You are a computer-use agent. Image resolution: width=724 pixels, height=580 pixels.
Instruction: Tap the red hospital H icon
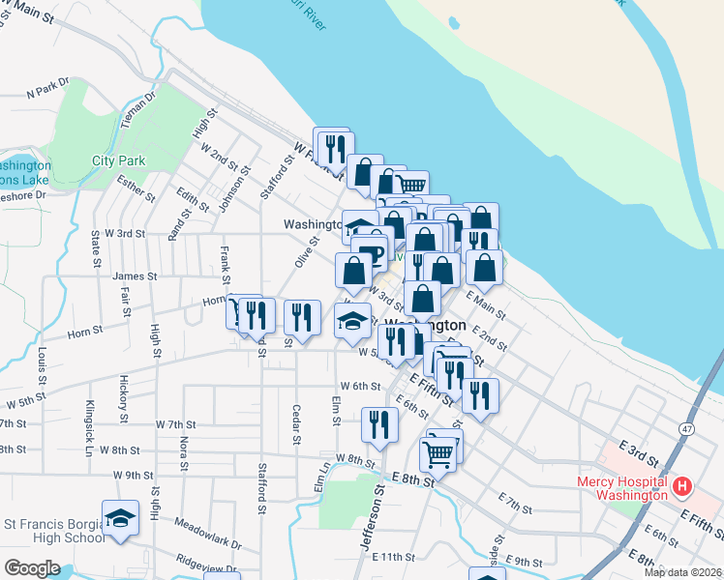[682, 485]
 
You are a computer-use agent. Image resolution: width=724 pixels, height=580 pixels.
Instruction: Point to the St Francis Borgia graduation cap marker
[120, 520]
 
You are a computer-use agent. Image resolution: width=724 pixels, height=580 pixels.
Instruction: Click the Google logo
[32, 568]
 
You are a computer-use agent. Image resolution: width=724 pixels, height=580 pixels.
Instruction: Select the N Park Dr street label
[49, 90]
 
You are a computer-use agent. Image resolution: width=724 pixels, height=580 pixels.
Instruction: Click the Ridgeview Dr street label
[207, 563]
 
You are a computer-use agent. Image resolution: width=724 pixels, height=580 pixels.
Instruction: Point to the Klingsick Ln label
[89, 416]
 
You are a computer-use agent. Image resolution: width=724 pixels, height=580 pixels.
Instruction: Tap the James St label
[135, 276]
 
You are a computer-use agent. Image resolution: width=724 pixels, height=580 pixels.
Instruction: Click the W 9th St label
[133, 475]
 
